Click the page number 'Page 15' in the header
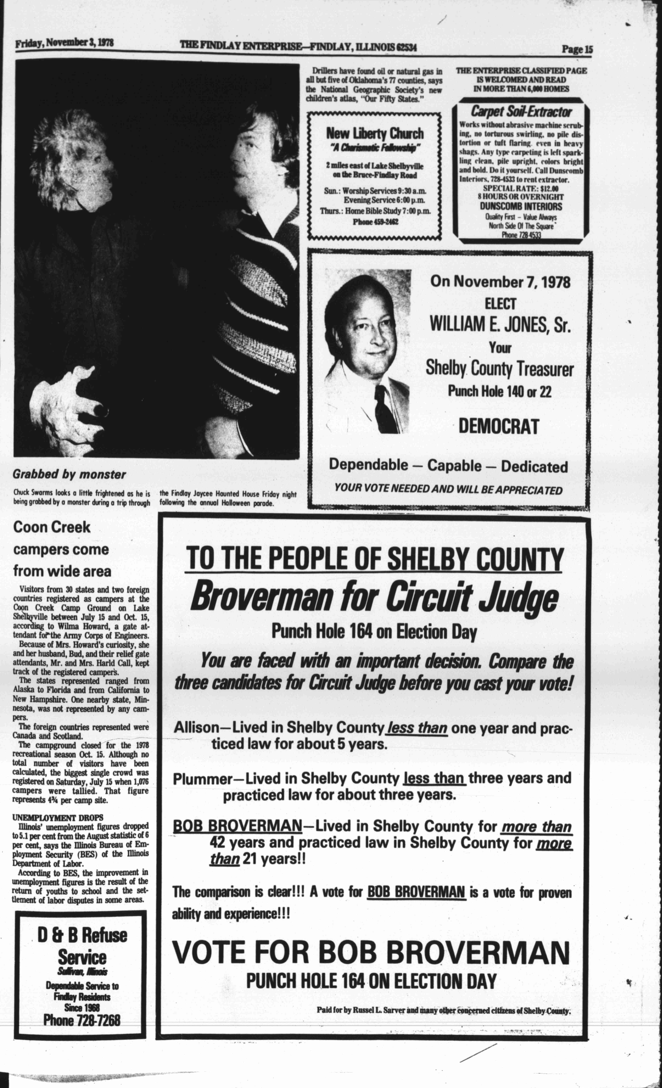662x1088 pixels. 577,49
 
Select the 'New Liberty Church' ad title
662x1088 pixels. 375,133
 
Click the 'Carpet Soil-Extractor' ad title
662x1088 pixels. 521,112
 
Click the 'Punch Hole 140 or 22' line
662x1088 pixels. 499,391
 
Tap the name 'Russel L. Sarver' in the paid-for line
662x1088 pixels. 385,1010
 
